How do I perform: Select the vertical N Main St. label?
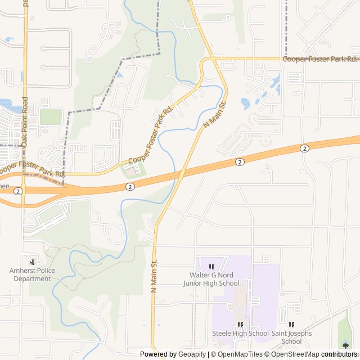tap(154, 275)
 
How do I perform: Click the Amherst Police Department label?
tap(32, 274)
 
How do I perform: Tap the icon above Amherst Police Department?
tap(32, 262)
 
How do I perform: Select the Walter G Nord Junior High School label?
tap(211, 279)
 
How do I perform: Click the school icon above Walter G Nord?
tap(211, 267)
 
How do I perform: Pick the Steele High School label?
tap(240, 334)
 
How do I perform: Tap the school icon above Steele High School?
tap(240, 325)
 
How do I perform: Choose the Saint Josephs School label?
tap(291, 337)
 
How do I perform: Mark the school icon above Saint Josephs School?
tap(291, 325)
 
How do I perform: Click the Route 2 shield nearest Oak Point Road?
tap(18, 191)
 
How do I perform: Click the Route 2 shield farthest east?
tap(304, 148)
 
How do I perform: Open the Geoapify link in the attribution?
tap(193, 354)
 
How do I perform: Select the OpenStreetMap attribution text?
tap(295, 354)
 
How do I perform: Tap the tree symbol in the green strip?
tap(345, 345)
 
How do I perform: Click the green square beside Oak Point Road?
tap(51, 116)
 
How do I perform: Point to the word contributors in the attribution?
tap(340, 354)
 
